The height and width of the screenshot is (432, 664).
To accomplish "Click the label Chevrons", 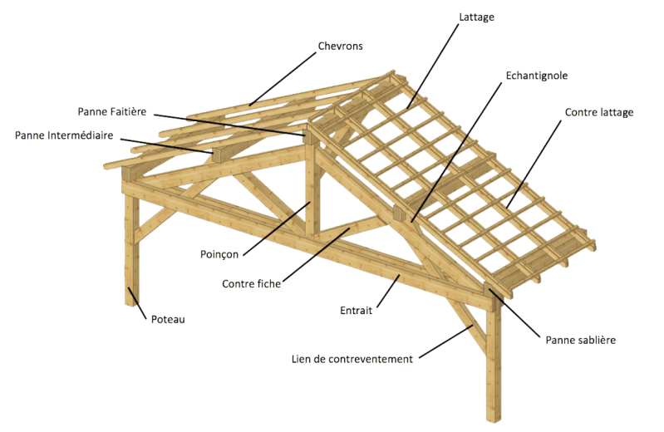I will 340,45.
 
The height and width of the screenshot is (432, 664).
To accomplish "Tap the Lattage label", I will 476,16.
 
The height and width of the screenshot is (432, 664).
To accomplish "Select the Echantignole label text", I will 536,76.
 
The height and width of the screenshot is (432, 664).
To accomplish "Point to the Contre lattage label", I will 598,112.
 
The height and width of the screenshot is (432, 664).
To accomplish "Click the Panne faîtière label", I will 111,111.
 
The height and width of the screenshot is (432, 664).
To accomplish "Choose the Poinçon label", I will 219,253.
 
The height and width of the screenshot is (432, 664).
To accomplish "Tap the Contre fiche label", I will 251,283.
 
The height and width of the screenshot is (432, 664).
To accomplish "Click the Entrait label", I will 357,311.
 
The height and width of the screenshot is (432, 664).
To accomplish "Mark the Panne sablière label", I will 580,340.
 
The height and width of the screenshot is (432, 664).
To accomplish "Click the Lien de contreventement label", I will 352,359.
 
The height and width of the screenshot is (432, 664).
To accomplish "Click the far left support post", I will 130,249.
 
